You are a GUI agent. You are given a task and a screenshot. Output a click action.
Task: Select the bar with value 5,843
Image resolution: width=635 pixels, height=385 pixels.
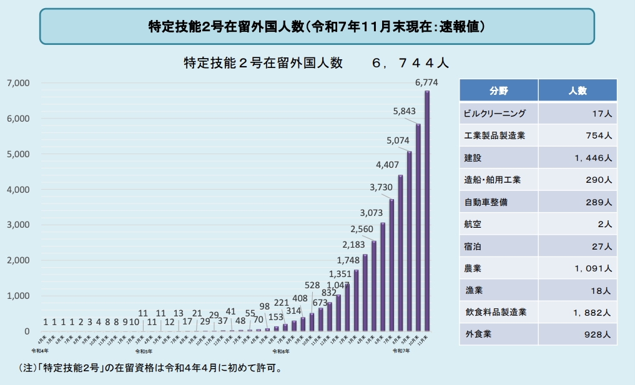click(x=418, y=227)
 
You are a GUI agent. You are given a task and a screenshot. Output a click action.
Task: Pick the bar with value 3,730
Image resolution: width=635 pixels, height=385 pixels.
click(x=391, y=265)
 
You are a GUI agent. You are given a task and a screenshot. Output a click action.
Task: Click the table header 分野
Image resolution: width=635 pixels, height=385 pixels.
click(x=499, y=90)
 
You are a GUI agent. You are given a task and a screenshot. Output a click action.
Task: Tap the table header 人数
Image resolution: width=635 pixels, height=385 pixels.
click(x=578, y=90)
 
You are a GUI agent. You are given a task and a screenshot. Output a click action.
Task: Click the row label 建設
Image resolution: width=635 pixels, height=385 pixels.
click(x=473, y=158)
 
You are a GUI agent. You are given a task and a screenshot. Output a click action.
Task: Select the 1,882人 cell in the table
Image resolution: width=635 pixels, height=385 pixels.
click(x=591, y=312)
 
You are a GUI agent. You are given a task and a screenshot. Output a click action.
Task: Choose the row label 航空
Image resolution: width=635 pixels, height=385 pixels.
click(x=473, y=223)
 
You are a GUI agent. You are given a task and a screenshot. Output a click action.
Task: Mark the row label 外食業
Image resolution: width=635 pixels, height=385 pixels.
click(x=478, y=334)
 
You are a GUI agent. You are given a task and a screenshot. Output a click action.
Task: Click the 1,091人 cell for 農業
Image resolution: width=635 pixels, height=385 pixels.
click(x=591, y=268)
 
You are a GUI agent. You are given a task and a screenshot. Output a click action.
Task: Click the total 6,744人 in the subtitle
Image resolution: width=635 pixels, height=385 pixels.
click(x=409, y=64)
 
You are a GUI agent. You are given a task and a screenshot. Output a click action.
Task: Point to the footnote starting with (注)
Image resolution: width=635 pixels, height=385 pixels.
click(x=150, y=368)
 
